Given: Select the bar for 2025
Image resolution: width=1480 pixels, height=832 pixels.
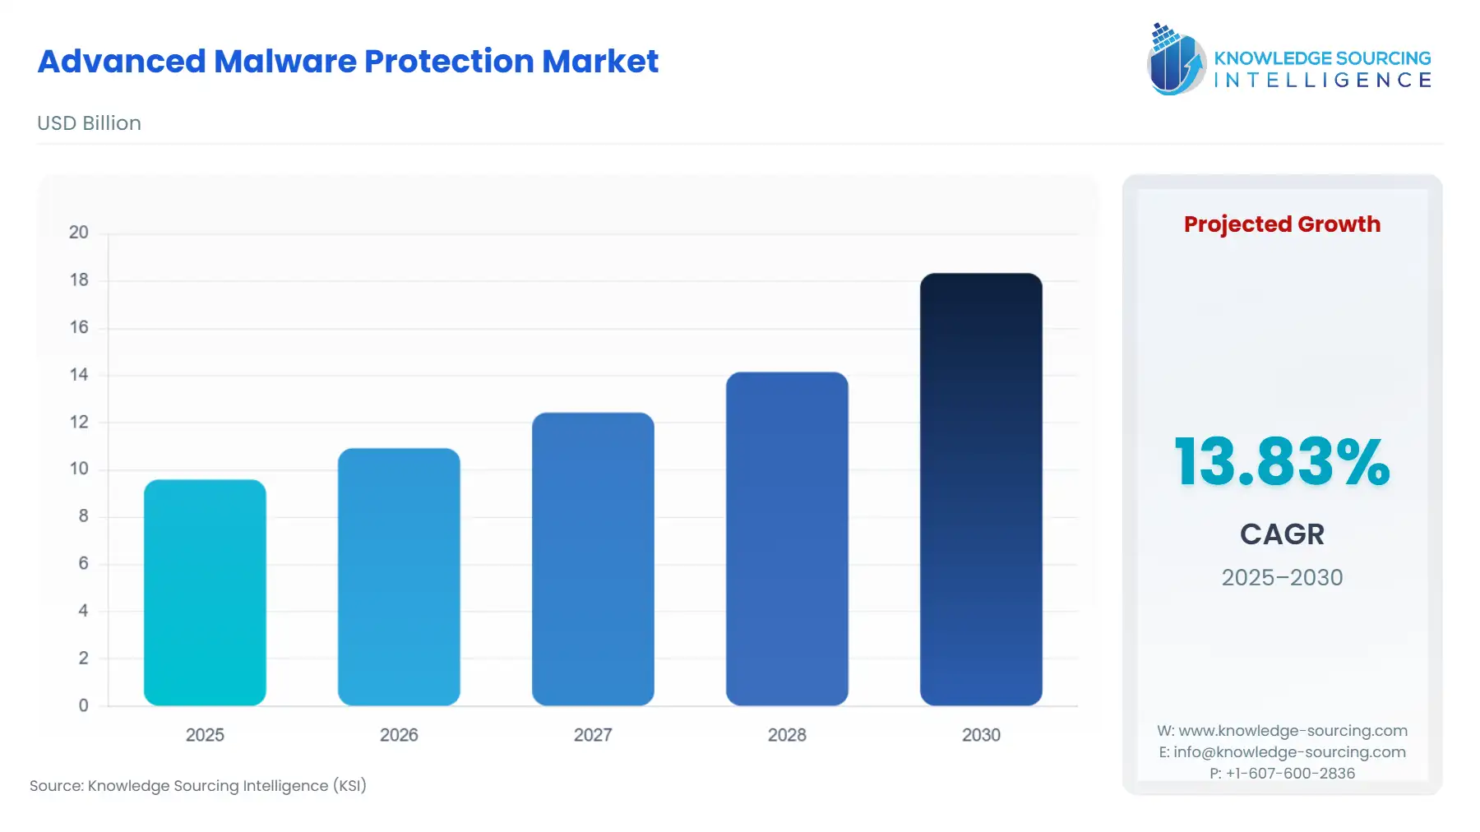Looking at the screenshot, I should point(205,592).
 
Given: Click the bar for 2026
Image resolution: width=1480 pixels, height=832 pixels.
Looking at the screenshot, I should point(399,576).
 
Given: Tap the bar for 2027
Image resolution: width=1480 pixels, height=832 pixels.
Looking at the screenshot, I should point(593,559).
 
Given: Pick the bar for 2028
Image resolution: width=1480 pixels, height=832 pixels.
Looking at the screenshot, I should point(787,538).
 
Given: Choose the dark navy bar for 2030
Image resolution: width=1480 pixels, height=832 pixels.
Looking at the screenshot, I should point(981,489).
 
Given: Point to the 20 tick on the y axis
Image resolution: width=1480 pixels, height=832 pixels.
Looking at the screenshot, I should point(79,233).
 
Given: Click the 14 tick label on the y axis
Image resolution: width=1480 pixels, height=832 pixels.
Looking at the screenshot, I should point(79,375).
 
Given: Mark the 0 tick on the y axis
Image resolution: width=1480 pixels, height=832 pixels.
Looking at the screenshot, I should point(83,705).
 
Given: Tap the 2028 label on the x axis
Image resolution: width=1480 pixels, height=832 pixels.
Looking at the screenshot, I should point(787,735).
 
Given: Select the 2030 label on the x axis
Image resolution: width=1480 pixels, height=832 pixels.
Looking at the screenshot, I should point(981,735).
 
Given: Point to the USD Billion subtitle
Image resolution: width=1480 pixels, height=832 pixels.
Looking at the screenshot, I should point(89,123).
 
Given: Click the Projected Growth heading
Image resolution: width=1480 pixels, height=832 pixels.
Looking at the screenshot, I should point(1282,224).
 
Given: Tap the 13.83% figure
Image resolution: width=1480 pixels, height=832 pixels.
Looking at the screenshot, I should point(1282,461).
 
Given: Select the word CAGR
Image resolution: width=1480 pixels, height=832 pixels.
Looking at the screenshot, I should point(1282,534).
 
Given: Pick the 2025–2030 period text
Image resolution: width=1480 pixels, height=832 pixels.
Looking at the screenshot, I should point(1282,578).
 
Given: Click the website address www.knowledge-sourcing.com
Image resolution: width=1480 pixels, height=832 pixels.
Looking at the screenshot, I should point(1293,731).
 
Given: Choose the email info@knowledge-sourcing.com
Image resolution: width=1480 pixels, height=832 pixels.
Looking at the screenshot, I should point(1289,752).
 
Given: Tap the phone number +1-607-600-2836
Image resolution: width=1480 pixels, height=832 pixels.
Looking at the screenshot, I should point(1290,774).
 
